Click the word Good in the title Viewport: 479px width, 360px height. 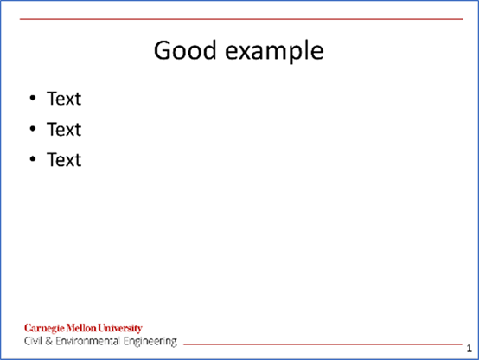click(185, 50)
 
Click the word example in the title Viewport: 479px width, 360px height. click(274, 52)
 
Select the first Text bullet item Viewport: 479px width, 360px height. click(64, 99)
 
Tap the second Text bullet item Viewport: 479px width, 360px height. click(64, 129)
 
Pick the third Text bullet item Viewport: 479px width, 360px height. click(64, 159)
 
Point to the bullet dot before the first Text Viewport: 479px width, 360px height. click(33, 98)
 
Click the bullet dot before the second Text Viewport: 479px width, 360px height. click(33, 128)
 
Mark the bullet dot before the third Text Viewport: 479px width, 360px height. click(33, 159)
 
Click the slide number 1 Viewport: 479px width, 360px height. click(469, 349)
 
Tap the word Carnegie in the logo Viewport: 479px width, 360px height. click(44, 329)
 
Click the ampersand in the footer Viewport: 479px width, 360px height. click(49, 341)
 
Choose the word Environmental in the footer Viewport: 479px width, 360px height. click(87, 341)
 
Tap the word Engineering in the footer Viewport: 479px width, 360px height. click(150, 342)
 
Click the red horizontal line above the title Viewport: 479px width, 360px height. click(241, 19)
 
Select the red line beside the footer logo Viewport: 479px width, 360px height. click(323, 344)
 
